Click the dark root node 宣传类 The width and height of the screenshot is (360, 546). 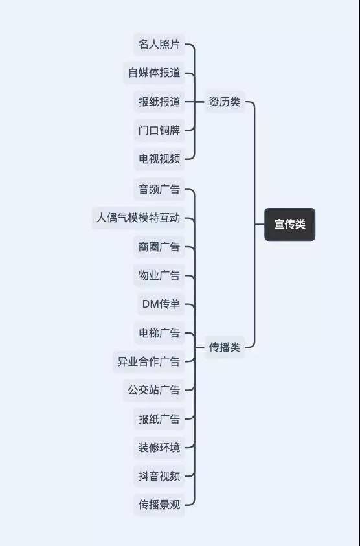point(289,224)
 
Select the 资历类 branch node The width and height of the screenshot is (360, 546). point(225,102)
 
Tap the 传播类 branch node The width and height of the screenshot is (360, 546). point(225,347)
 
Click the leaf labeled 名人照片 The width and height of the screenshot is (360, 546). point(159,44)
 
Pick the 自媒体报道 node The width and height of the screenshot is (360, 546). point(154,73)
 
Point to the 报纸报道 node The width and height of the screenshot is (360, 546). point(159,102)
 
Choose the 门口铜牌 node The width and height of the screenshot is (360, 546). point(159,130)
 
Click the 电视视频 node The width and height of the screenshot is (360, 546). point(159,159)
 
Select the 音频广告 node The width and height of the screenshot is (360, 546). point(159,189)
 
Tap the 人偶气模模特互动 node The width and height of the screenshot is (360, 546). point(138,218)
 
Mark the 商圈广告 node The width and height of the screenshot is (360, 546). point(159,247)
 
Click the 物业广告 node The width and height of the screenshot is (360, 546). point(159,275)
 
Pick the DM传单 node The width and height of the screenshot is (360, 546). point(161,304)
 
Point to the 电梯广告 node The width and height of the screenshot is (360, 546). point(159,333)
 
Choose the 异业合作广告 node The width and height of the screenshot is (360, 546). point(149,361)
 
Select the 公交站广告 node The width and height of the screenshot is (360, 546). point(154,390)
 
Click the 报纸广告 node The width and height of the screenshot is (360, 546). point(159,419)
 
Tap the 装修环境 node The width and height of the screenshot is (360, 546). point(159,448)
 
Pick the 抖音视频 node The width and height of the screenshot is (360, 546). point(159,476)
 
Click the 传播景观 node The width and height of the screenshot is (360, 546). point(159,505)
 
